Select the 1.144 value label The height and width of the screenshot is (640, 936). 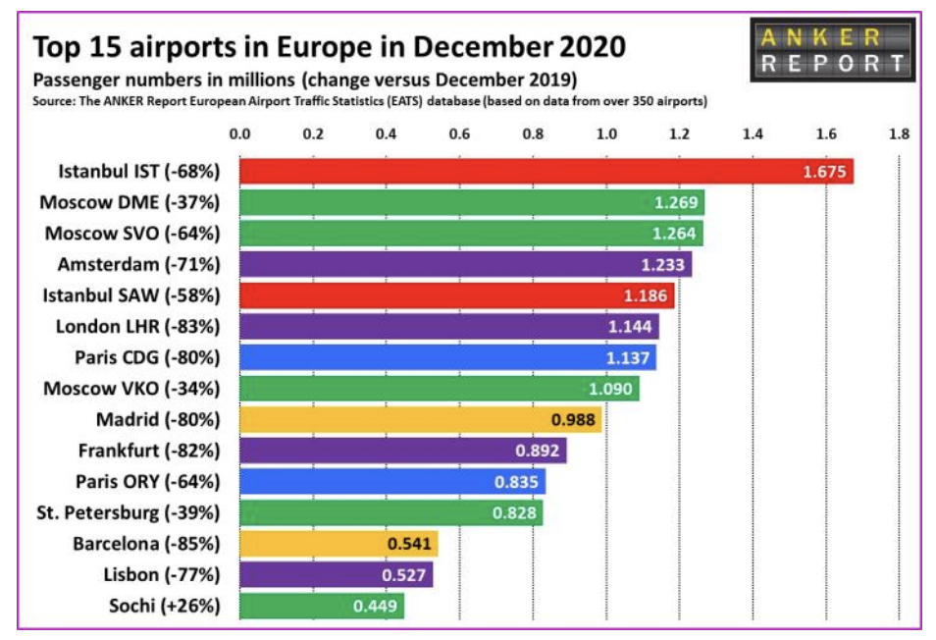(628, 327)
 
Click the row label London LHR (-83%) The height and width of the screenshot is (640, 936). (131, 327)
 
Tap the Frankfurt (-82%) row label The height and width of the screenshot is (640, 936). (148, 451)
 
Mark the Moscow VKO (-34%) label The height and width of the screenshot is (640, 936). (131, 389)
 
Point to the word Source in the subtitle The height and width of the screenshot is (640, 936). (54, 101)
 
